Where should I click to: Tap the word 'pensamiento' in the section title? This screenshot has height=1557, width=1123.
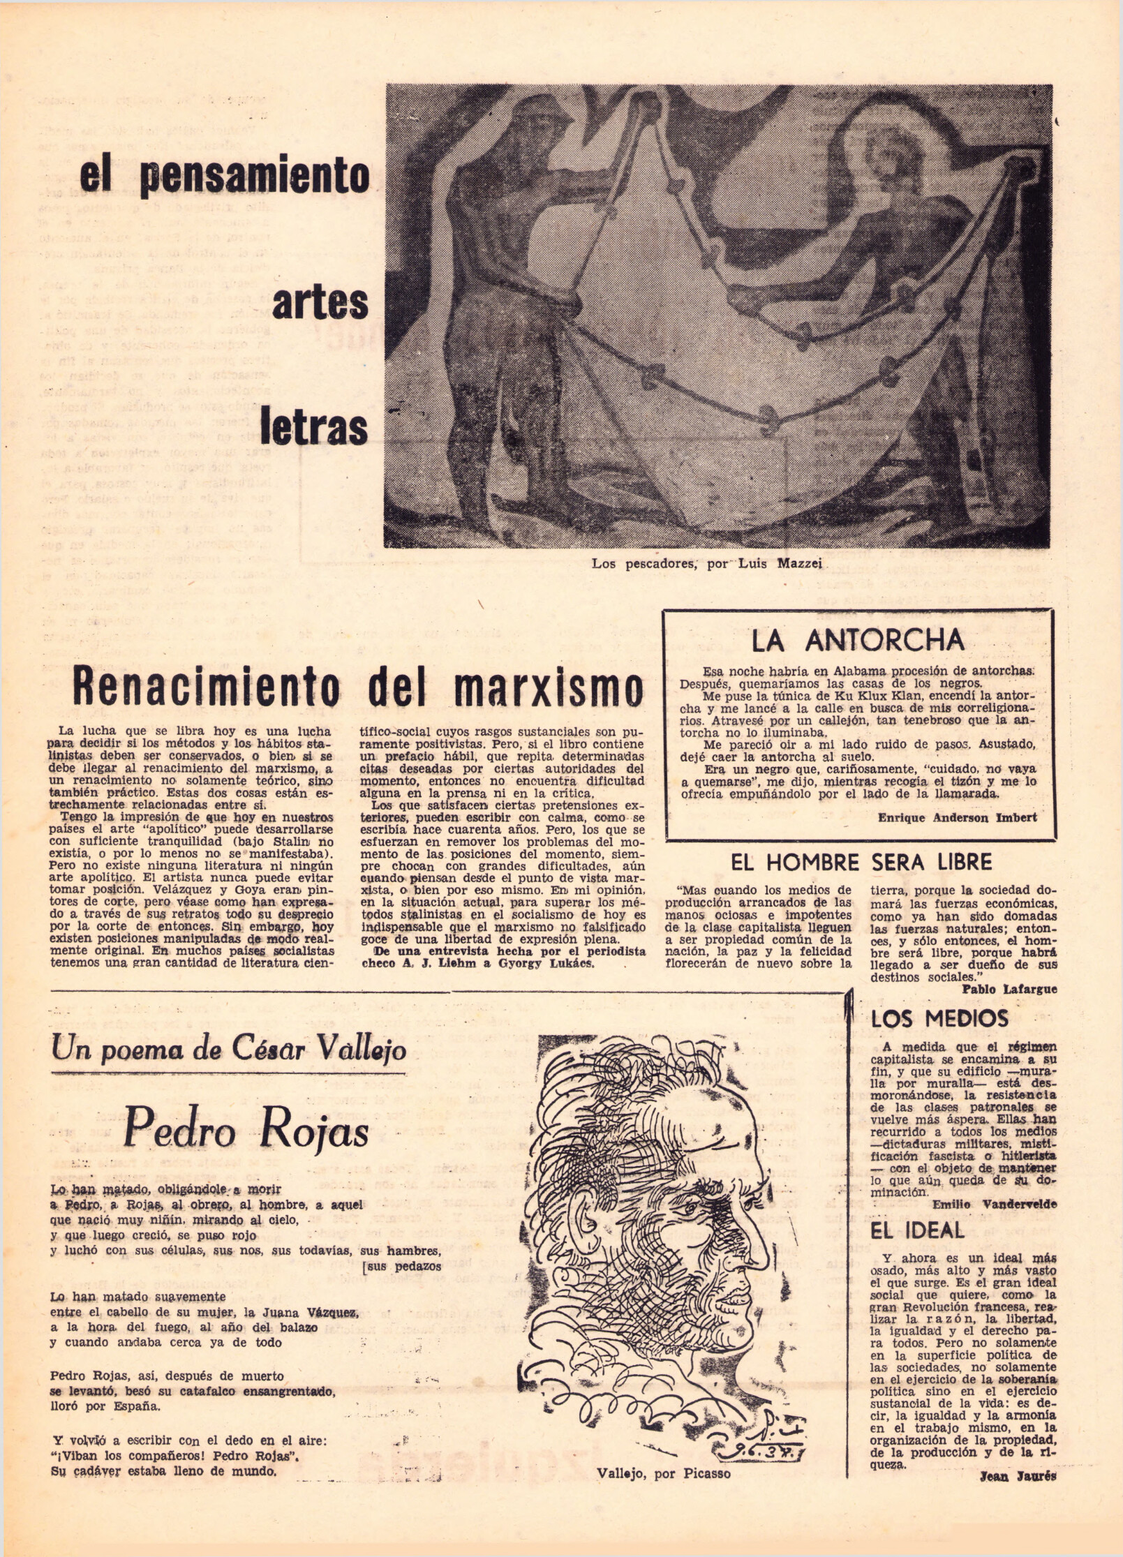[x=254, y=178]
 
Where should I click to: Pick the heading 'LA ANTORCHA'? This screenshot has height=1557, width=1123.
[x=858, y=641]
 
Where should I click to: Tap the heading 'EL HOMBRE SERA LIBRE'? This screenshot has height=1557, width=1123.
[x=861, y=862]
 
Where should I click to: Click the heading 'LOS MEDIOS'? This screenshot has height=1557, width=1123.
[x=939, y=1019]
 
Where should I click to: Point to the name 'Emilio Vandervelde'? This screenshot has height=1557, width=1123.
[x=994, y=1204]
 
